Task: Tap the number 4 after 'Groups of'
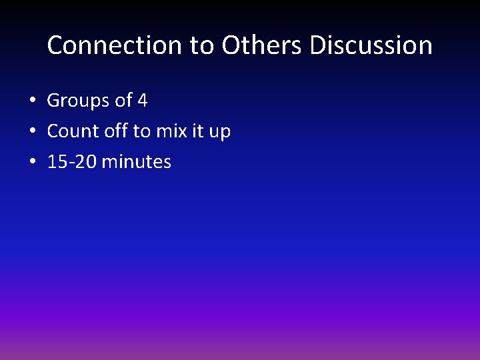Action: (x=142, y=101)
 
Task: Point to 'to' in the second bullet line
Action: (x=142, y=132)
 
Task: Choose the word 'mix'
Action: (x=171, y=132)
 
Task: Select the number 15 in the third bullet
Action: (x=56, y=162)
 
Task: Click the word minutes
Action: (x=137, y=162)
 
